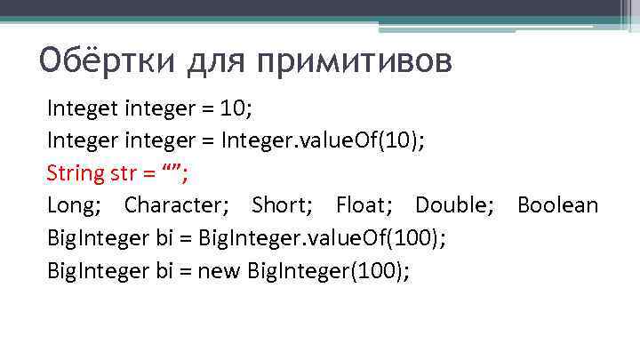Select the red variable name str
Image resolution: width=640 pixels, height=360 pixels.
123,173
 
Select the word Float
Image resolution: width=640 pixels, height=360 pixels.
362,205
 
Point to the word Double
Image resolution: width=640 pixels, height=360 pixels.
451,205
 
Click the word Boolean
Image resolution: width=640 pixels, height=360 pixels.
557,205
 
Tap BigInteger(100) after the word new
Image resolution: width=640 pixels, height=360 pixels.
341,271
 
